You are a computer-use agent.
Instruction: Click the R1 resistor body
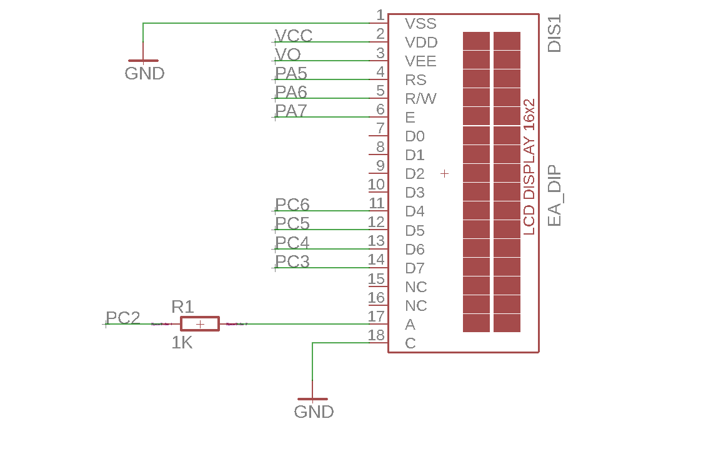tap(199, 323)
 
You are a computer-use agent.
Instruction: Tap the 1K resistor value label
tap(182, 343)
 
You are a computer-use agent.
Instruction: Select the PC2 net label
tap(122, 318)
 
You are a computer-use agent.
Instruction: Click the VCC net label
tap(294, 36)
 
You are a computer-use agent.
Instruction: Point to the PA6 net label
tap(291, 92)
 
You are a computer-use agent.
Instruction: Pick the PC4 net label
tap(292, 243)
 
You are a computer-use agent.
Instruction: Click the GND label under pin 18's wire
tap(314, 412)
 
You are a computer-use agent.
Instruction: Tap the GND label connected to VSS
tap(144, 73)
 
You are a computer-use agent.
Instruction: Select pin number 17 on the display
tap(376, 316)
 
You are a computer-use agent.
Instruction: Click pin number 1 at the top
tap(380, 15)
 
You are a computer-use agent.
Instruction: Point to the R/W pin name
tap(420, 99)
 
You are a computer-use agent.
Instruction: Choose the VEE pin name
tap(420, 61)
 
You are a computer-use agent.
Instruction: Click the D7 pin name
tap(414, 268)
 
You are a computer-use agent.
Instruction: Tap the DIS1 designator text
tap(554, 33)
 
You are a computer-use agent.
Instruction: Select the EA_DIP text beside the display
tap(554, 196)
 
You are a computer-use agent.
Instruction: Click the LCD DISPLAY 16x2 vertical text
tap(529, 167)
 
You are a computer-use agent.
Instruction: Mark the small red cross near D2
tap(444, 173)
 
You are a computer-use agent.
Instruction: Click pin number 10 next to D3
tap(376, 185)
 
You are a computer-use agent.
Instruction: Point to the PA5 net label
tap(291, 73)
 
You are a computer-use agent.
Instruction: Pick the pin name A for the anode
tap(410, 325)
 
